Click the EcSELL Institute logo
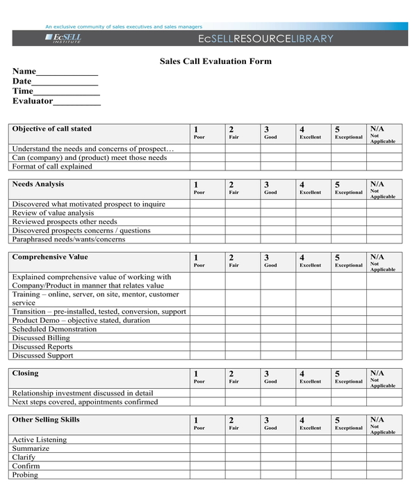point(65,38)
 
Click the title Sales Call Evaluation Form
point(215,61)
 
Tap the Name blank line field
point(67,72)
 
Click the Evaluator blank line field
point(77,102)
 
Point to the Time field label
point(22,91)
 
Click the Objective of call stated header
point(51,129)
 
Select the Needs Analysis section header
point(38,184)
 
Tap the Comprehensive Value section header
point(50,257)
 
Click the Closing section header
point(26,374)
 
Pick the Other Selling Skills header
point(46,420)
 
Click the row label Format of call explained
point(52,166)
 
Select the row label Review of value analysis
point(53,213)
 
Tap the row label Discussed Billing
point(41,337)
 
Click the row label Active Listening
point(40,440)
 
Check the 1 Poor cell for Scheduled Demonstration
point(207,329)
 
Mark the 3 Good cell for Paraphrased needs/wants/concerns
point(278,239)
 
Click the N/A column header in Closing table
point(384,378)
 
